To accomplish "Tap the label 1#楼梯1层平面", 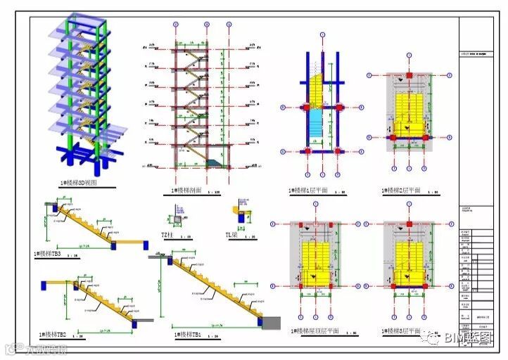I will pyautogui.click(x=307, y=191).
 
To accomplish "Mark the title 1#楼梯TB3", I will pyautogui.click(x=47, y=253).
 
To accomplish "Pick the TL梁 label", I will pyautogui.click(x=232, y=236).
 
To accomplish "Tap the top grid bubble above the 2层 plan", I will pyautogui.click(x=408, y=56).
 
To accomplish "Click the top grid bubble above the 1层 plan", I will pyautogui.click(x=322, y=34).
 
